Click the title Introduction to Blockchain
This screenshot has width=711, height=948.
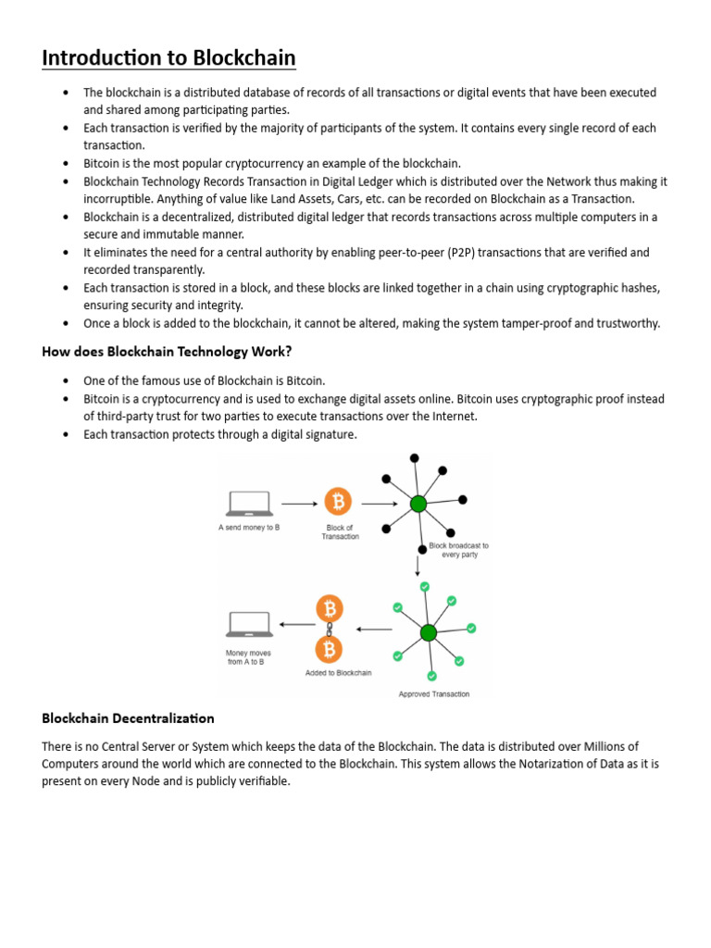[x=168, y=58]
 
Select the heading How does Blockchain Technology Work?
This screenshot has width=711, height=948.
[x=167, y=351]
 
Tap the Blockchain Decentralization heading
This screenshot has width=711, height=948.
[x=128, y=717]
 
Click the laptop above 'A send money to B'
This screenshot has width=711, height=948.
[x=249, y=503]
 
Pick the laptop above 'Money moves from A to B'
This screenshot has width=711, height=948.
[x=249, y=623]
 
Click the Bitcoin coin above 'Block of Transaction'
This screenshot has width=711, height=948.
[x=338, y=503]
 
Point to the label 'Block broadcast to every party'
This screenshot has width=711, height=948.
[x=458, y=551]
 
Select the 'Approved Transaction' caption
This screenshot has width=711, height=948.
[x=433, y=693]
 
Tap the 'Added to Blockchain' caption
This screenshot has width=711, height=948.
[x=338, y=673]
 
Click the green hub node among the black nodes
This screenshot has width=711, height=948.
[x=418, y=504]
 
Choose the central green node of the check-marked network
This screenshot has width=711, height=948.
[x=428, y=633]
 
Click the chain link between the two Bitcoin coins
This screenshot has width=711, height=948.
[x=329, y=630]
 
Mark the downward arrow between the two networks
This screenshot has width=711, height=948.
[x=418, y=559]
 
